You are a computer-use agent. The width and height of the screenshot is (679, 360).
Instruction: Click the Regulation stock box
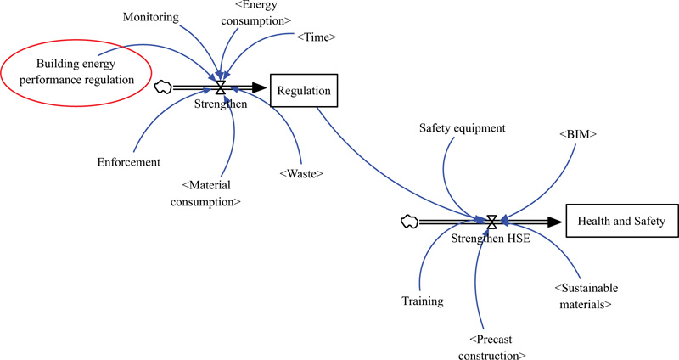point(305,88)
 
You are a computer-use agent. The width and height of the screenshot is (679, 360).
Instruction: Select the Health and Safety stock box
point(621,222)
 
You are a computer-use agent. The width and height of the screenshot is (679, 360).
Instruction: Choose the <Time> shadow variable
point(317,37)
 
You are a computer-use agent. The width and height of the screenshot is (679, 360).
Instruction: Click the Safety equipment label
point(463,128)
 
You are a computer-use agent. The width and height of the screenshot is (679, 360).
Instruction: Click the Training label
point(423,300)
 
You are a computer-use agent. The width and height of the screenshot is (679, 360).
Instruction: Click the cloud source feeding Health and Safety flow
point(408,222)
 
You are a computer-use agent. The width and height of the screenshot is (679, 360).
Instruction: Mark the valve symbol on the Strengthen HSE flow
point(491,222)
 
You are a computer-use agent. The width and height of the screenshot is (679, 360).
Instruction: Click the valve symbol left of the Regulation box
point(221,87)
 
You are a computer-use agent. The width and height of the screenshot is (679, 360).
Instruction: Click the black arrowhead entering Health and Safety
point(555,222)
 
